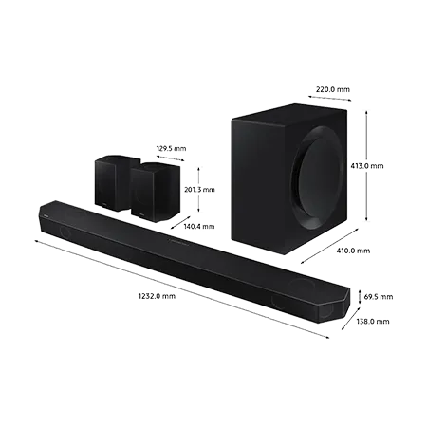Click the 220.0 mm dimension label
click(333, 89)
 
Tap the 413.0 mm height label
click(367, 166)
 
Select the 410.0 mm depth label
click(353, 251)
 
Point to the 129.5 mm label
click(171, 148)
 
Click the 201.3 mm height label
click(199, 190)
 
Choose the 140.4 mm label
click(199, 226)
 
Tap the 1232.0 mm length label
click(157, 296)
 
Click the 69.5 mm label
click(379, 297)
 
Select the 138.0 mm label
click(373, 322)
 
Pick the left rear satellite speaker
click(113, 183)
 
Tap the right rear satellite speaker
click(156, 192)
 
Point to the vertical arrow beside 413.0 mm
click(366, 166)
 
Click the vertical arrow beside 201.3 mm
click(198, 190)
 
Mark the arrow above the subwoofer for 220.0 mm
click(329, 98)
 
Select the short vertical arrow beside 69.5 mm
click(360, 297)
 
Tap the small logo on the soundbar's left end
click(46, 216)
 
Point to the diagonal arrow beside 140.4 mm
click(180, 222)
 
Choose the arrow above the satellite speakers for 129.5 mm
click(170, 158)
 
